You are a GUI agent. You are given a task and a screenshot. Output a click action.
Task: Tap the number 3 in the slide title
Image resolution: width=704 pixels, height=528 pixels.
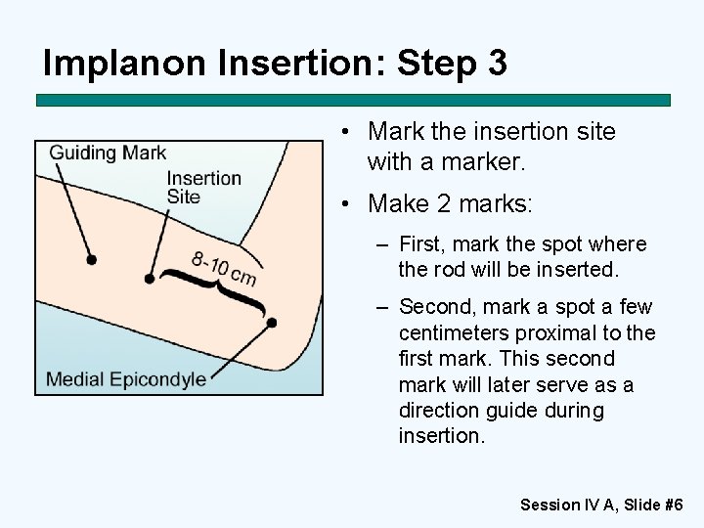(x=495, y=64)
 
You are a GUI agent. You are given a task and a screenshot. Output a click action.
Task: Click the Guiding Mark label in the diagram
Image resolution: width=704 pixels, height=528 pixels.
(x=108, y=153)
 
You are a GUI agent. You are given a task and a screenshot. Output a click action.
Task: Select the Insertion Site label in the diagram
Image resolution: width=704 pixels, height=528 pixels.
(x=203, y=187)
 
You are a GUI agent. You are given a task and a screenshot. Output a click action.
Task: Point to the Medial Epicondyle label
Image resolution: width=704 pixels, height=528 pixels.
(x=126, y=378)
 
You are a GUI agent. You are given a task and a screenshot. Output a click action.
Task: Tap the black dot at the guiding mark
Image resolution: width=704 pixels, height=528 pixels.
(x=91, y=260)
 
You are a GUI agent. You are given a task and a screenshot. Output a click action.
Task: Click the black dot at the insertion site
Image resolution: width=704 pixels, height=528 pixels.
(x=149, y=279)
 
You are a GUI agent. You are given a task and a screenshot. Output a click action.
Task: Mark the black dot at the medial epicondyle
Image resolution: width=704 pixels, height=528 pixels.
(x=271, y=323)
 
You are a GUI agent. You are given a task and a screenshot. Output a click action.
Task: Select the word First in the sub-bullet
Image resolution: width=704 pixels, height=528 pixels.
(x=422, y=244)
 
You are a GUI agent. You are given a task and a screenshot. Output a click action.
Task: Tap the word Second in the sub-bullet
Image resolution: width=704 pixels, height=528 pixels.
(x=434, y=307)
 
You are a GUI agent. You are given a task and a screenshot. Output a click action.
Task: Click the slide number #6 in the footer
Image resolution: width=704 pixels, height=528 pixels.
(x=673, y=505)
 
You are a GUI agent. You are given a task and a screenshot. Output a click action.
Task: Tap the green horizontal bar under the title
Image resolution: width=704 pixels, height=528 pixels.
(x=353, y=100)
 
